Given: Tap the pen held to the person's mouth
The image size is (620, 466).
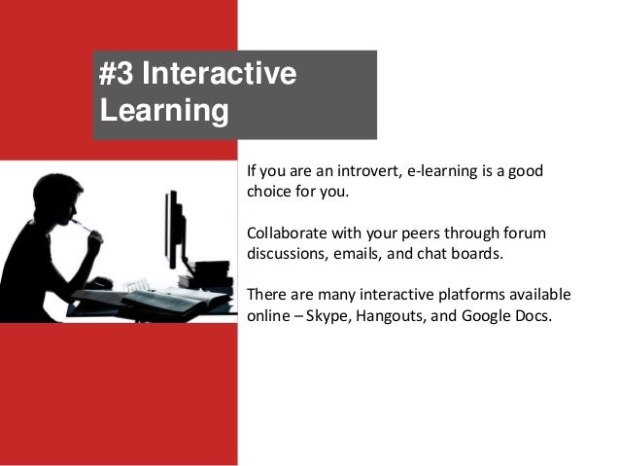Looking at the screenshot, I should coord(82,226).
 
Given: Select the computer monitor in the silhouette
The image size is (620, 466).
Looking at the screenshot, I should coord(175,229).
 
